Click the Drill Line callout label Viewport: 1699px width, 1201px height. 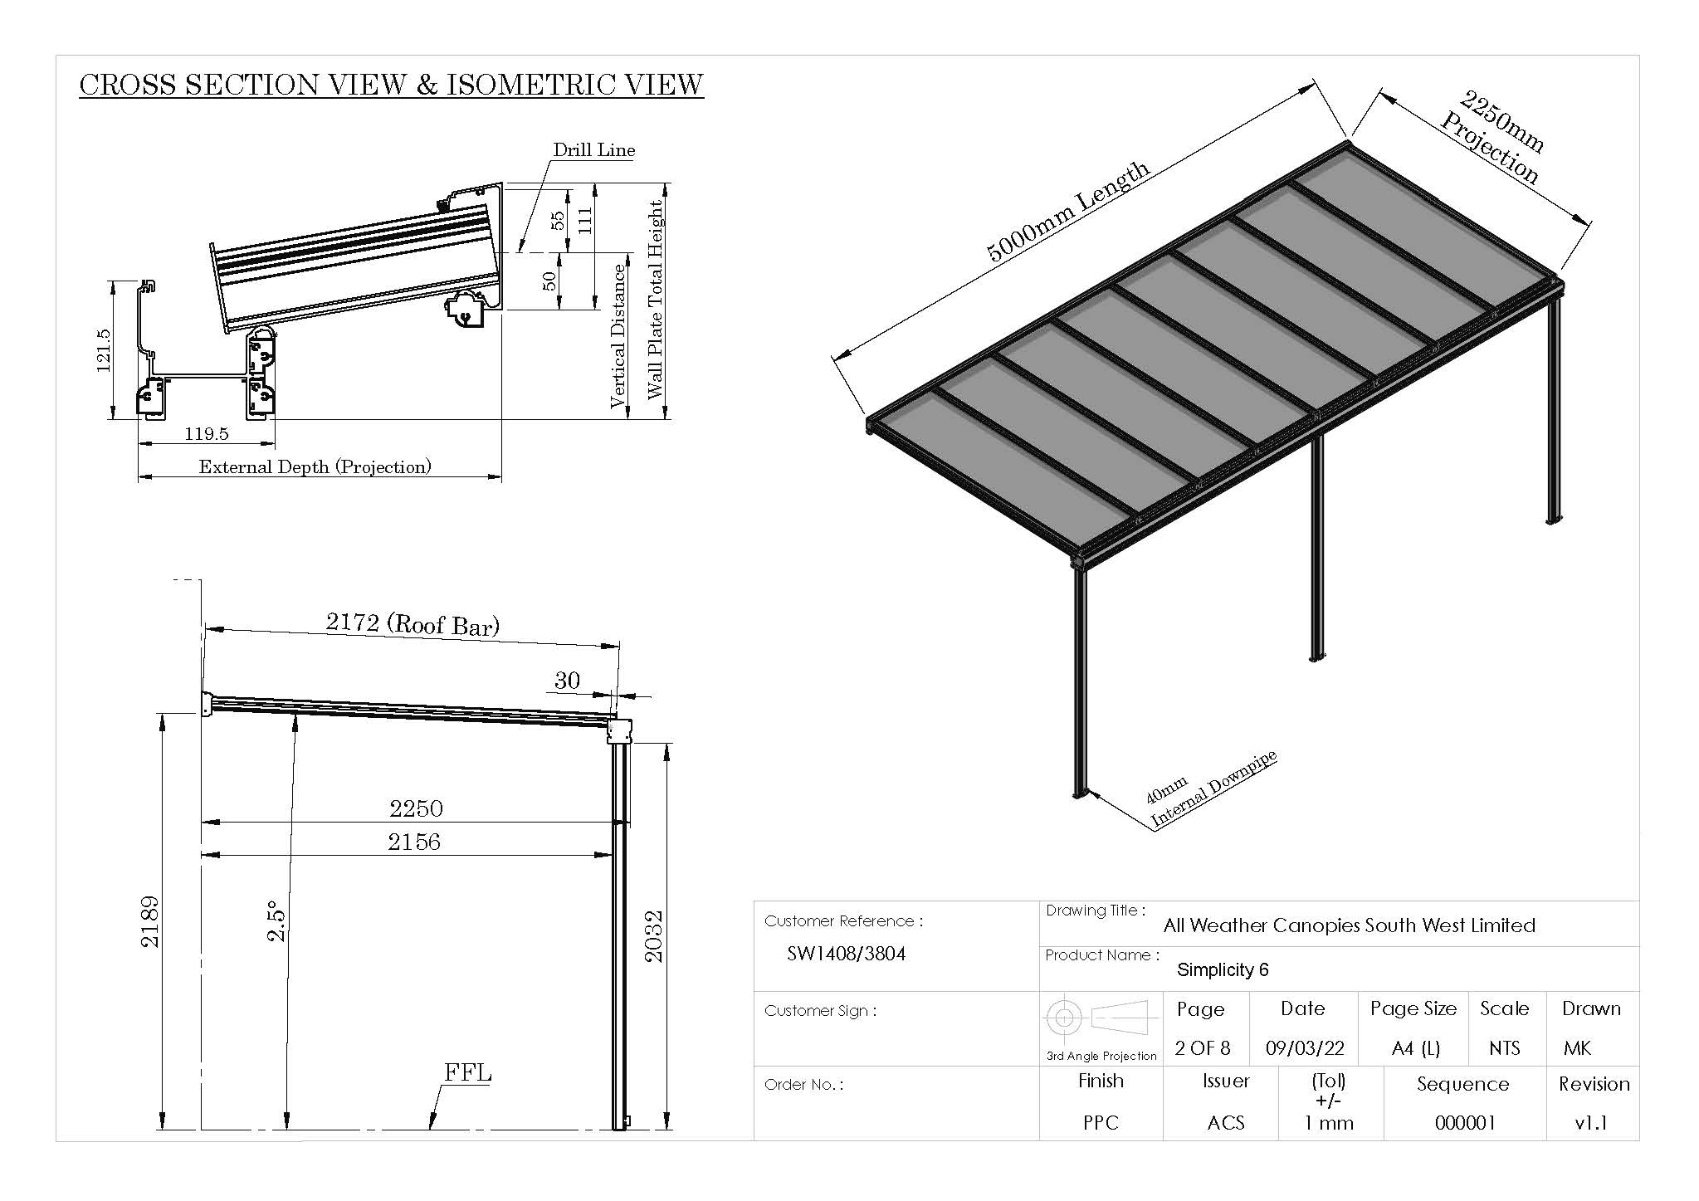click(593, 150)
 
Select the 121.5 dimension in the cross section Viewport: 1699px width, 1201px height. click(103, 350)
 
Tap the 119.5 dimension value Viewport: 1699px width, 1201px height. click(206, 434)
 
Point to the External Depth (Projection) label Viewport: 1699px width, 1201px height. click(315, 466)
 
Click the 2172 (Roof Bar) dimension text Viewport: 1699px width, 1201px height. click(413, 623)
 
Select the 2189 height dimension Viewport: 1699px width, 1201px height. click(149, 921)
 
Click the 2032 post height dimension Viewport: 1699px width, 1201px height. click(654, 936)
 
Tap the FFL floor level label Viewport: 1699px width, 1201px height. click(467, 1072)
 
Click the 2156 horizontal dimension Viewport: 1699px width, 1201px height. click(414, 842)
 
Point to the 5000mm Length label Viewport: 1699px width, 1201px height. click(1068, 211)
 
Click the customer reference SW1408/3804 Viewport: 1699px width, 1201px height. click(846, 954)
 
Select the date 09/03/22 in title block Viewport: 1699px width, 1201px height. click(1304, 1048)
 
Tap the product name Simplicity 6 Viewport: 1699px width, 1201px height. click(1223, 969)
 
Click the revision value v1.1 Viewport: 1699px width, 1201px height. click(1590, 1123)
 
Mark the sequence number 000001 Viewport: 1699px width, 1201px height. click(1465, 1123)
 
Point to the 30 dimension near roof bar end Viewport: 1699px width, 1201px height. click(567, 681)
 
